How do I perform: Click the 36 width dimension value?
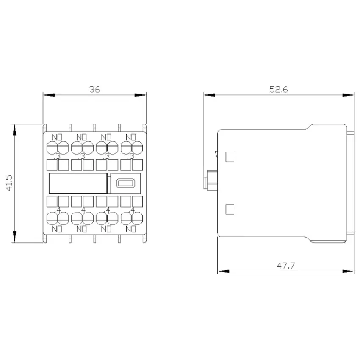click(x=94, y=89)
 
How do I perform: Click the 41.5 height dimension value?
click(x=10, y=183)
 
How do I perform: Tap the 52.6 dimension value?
click(x=279, y=89)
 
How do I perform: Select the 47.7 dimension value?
click(x=285, y=266)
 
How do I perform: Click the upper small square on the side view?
click(x=230, y=157)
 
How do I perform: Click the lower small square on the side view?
click(x=230, y=209)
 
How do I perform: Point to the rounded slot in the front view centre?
click(x=126, y=183)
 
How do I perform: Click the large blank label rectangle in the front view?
click(x=78, y=183)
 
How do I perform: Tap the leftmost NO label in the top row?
click(x=57, y=137)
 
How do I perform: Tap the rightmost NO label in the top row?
click(x=131, y=137)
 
